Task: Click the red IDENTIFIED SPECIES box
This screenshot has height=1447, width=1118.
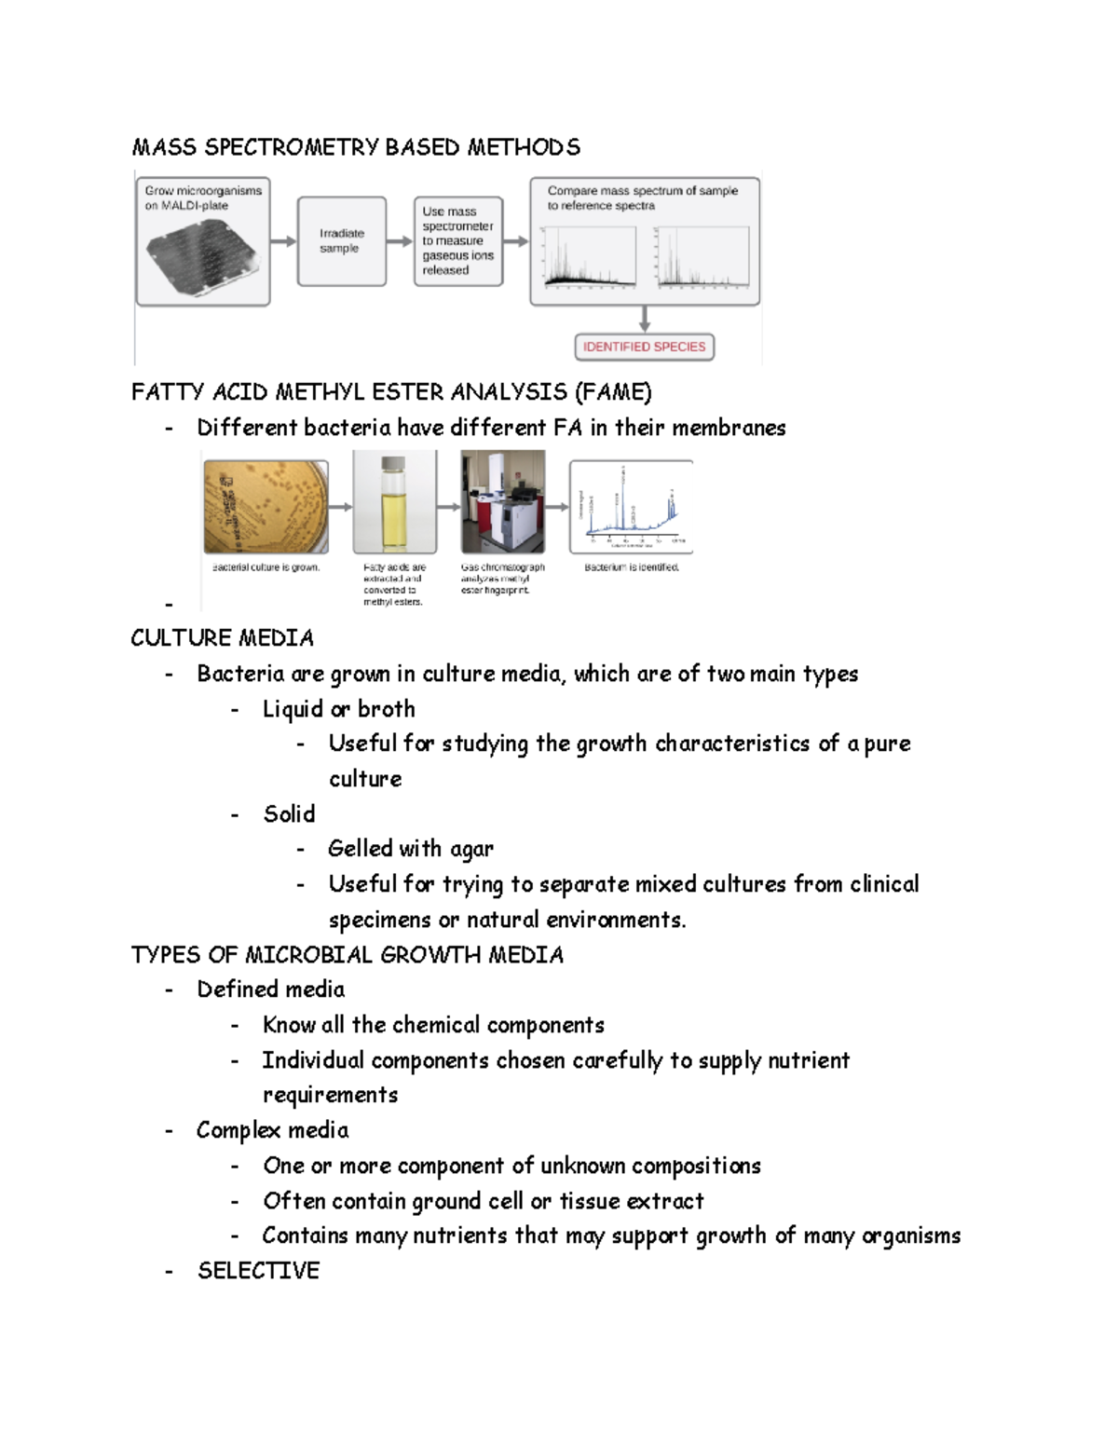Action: coord(644,347)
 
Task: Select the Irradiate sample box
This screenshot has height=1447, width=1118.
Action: coord(341,241)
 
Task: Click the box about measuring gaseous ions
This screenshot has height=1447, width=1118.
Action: coord(457,241)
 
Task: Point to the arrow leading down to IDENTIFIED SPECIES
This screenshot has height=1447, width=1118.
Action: coord(644,319)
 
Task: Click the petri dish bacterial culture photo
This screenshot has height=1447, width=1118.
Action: coord(266,507)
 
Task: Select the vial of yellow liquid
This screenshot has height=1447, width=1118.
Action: coord(394,503)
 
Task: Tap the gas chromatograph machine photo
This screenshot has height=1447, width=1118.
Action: coord(503,502)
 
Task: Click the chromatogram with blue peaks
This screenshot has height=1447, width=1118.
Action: coord(631,506)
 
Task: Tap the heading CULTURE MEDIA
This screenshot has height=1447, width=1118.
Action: coord(222,638)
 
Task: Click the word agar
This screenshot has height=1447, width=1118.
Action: coord(471,849)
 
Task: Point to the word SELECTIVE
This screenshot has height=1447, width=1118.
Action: coord(258,1271)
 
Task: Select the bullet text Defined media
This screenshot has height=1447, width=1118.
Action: coord(270,990)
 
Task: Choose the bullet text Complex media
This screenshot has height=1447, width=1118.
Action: coord(272,1130)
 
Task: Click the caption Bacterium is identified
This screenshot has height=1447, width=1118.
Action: coord(631,567)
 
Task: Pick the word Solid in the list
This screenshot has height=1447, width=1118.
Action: coord(289,814)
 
